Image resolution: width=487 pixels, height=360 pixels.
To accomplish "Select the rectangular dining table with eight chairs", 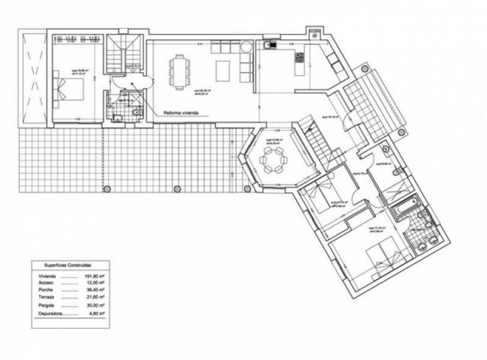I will tap(178, 72).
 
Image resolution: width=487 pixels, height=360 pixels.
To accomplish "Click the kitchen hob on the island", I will tap(299, 58).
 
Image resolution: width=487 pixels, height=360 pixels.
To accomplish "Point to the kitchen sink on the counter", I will tap(268, 44).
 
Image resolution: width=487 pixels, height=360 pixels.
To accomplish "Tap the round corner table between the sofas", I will tap(246, 47).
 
